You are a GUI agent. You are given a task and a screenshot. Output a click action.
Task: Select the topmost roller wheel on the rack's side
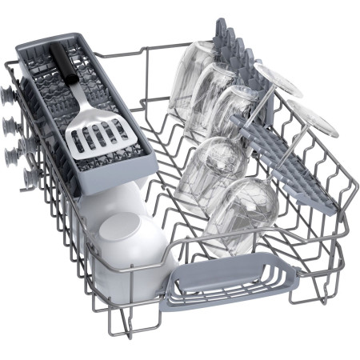point(8,94)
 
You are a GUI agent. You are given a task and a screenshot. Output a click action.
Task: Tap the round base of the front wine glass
point(312,120)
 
